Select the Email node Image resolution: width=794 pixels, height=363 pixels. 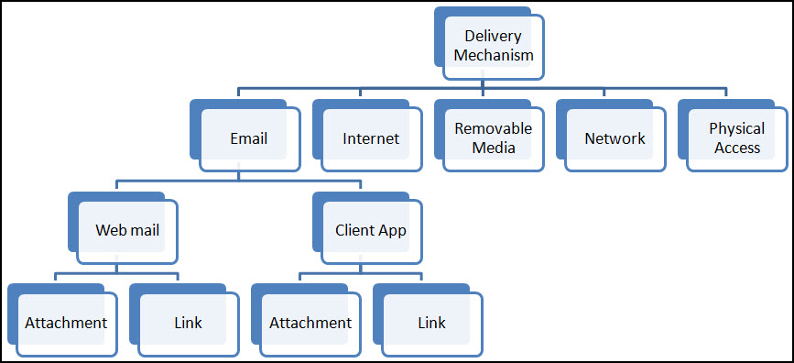(x=249, y=138)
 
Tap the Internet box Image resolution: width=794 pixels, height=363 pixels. (x=371, y=138)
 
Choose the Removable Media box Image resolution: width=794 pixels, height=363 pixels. (x=493, y=138)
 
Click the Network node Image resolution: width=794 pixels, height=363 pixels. (x=615, y=138)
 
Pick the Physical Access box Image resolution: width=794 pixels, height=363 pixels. (x=736, y=138)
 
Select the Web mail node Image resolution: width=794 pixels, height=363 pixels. (x=127, y=230)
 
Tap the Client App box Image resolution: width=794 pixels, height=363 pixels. (x=371, y=230)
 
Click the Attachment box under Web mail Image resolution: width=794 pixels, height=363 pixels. (x=66, y=323)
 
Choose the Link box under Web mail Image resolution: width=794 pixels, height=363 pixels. (x=188, y=323)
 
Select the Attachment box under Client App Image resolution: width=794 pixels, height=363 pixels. (x=310, y=323)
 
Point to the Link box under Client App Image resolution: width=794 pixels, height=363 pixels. (x=431, y=323)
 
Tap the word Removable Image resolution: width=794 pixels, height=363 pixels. (x=493, y=129)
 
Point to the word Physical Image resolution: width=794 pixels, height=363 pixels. (x=737, y=129)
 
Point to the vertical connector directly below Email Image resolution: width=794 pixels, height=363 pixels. (x=239, y=175)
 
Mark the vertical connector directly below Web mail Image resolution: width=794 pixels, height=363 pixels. (x=117, y=268)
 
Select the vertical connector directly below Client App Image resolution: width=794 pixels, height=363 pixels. (x=361, y=268)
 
